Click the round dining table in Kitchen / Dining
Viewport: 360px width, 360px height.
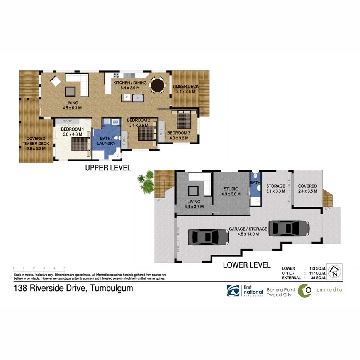[157, 85]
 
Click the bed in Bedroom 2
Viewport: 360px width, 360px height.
[146, 133]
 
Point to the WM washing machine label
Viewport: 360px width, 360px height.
[115, 122]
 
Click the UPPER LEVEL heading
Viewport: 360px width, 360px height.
[108, 168]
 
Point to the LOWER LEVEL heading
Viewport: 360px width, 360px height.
[246, 265]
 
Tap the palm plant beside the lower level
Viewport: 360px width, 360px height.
[146, 183]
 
